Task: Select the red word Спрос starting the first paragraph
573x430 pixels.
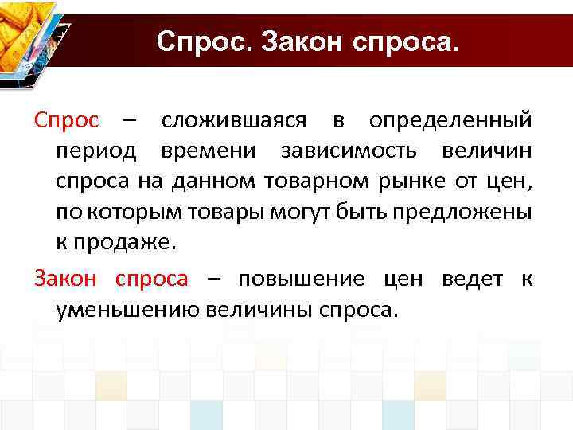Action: [67, 120]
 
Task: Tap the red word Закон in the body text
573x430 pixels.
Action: [65, 279]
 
